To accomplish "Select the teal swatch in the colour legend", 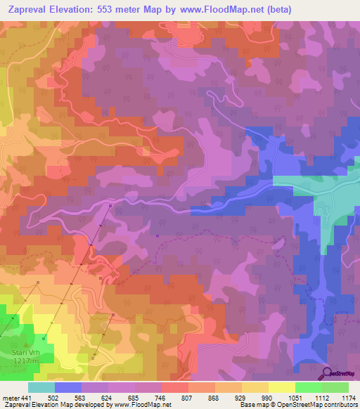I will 41,387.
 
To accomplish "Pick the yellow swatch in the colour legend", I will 281,387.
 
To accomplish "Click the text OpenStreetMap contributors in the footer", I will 323,405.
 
